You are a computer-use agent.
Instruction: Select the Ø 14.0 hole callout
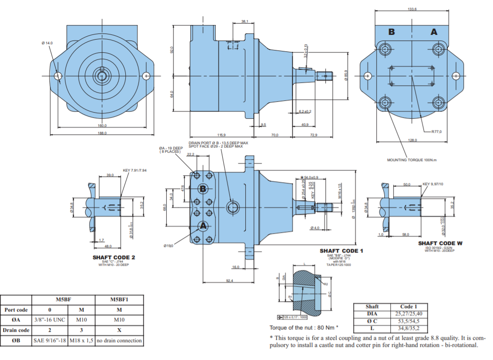pyautogui.click(x=47, y=43)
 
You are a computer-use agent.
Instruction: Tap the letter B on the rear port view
pyautogui.click(x=391, y=32)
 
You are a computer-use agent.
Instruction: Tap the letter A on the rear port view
pyautogui.click(x=434, y=32)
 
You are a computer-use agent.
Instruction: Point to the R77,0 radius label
pyautogui.click(x=436, y=131)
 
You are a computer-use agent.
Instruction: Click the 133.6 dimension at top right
pyautogui.click(x=413, y=8)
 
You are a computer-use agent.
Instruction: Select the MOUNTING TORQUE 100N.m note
pyautogui.click(x=412, y=160)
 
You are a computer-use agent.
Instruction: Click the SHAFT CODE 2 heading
pyautogui.click(x=114, y=257)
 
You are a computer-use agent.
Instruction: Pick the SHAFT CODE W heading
pyautogui.click(x=440, y=243)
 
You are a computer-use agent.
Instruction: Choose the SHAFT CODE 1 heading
pyautogui.click(x=341, y=251)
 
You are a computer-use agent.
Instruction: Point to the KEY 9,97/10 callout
pyautogui.click(x=433, y=184)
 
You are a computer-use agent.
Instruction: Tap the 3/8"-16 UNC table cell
pyautogui.click(x=49, y=320)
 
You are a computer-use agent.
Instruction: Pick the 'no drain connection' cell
pyautogui.click(x=119, y=340)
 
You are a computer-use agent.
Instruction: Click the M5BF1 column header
pyautogui.click(x=119, y=299)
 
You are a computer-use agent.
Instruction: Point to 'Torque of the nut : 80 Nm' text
pyautogui.click(x=304, y=327)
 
